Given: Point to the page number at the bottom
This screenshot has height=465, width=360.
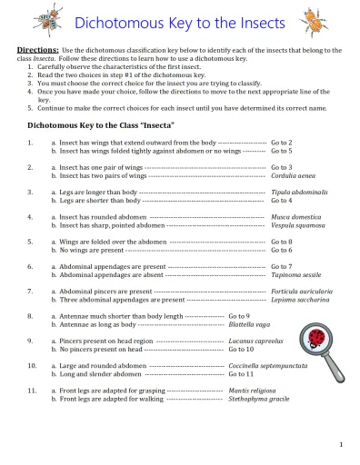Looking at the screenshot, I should click(x=339, y=444).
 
